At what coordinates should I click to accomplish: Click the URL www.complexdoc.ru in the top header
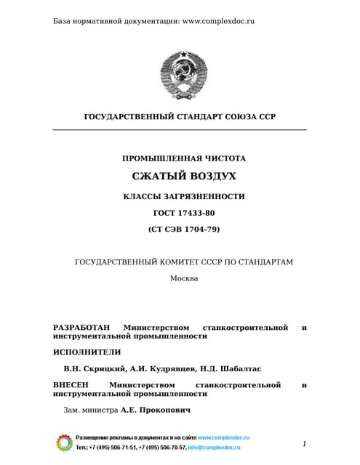pyautogui.click(x=218, y=21)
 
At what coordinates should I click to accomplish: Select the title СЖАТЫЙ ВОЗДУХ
pyautogui.click(x=184, y=177)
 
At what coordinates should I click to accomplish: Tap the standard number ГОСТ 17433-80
pyautogui.click(x=184, y=213)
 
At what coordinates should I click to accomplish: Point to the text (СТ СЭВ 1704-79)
pyautogui.click(x=184, y=229)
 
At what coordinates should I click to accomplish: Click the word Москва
pyautogui.click(x=184, y=278)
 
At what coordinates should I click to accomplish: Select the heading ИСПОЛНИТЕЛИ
pyautogui.click(x=87, y=352)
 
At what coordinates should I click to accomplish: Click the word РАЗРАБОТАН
pyautogui.click(x=84, y=328)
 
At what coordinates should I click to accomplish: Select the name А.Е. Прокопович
pyautogui.click(x=156, y=410)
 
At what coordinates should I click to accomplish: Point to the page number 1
pyautogui.click(x=304, y=443)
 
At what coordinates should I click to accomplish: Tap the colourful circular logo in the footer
pyautogui.click(x=64, y=442)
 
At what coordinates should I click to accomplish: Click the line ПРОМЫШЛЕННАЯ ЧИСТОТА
pyautogui.click(x=184, y=158)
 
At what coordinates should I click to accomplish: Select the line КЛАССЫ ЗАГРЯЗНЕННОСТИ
pyautogui.click(x=184, y=196)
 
